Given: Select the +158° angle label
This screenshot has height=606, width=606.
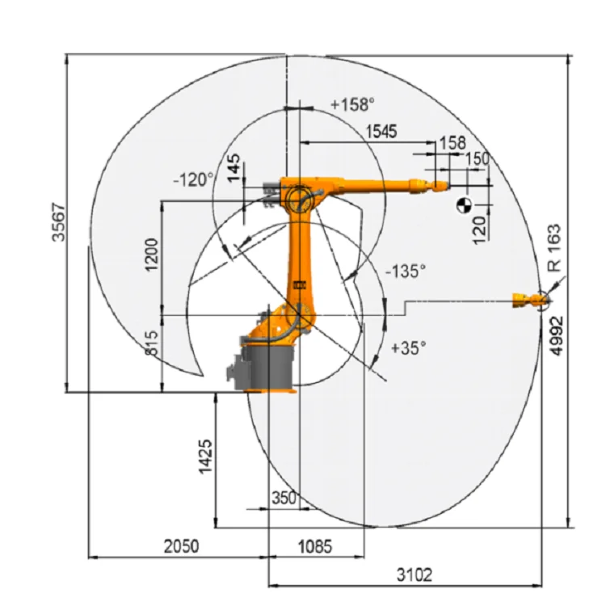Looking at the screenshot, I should [353, 104].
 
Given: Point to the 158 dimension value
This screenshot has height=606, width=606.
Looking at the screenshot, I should [452, 143].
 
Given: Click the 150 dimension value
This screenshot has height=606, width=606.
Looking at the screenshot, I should [477, 159].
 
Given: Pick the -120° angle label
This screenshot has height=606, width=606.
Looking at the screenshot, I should [194, 179].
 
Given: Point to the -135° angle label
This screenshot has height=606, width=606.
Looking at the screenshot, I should [405, 271].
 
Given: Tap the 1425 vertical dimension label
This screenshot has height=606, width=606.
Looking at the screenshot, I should [205, 457].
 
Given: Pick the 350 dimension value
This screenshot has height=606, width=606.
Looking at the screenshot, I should [284, 498].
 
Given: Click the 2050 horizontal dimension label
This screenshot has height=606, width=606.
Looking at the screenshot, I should [179, 547].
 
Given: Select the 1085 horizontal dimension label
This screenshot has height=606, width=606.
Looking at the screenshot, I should [314, 547].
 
